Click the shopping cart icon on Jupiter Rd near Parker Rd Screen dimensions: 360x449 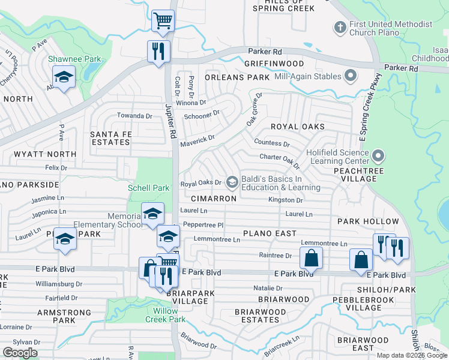pyautogui.click(x=163, y=21)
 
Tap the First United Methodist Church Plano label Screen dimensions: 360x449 pyautogui.click(x=391, y=28)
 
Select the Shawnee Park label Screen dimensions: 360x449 pyautogui.click(x=75, y=59)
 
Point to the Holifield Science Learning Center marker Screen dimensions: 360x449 pyautogui.click(x=378, y=157)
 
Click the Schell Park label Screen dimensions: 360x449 pyautogui.click(x=149, y=188)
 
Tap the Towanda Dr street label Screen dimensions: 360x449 pyautogui.click(x=134, y=115)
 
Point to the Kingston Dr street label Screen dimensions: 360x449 pyautogui.click(x=285, y=200)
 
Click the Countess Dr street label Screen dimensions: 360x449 pyautogui.click(x=271, y=143)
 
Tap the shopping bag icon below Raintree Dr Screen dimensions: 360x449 pyautogui.click(x=312, y=259)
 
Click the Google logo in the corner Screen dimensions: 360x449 pyautogui.click(x=20, y=353)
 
